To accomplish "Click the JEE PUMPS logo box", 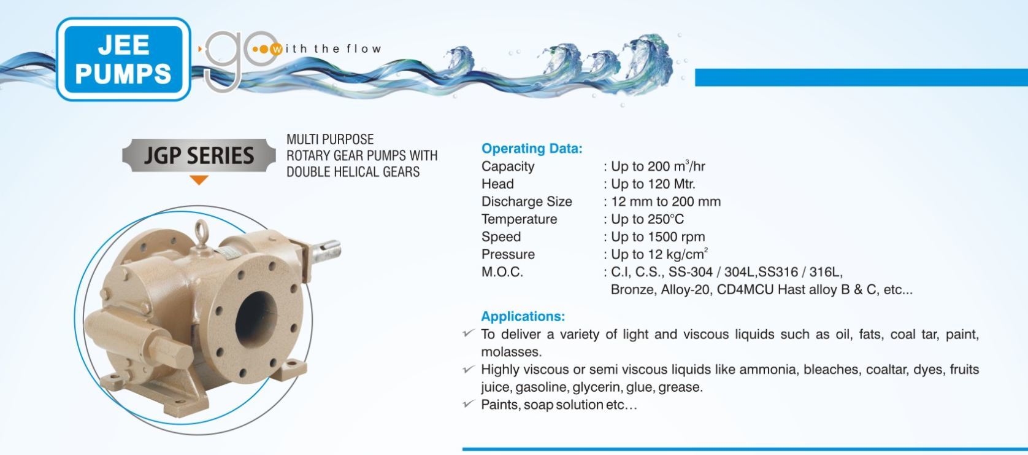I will click(123, 59).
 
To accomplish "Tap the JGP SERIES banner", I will click(199, 155).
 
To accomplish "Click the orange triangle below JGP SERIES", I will click(199, 180).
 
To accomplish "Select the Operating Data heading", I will click(531, 149).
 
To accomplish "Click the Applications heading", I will click(523, 317).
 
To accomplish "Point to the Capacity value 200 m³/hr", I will click(658, 166).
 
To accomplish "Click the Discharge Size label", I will click(526, 201).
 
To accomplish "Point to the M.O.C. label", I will click(502, 272).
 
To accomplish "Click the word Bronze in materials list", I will click(632, 290).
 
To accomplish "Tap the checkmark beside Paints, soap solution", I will click(469, 404).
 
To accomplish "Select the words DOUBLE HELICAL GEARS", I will click(353, 172).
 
